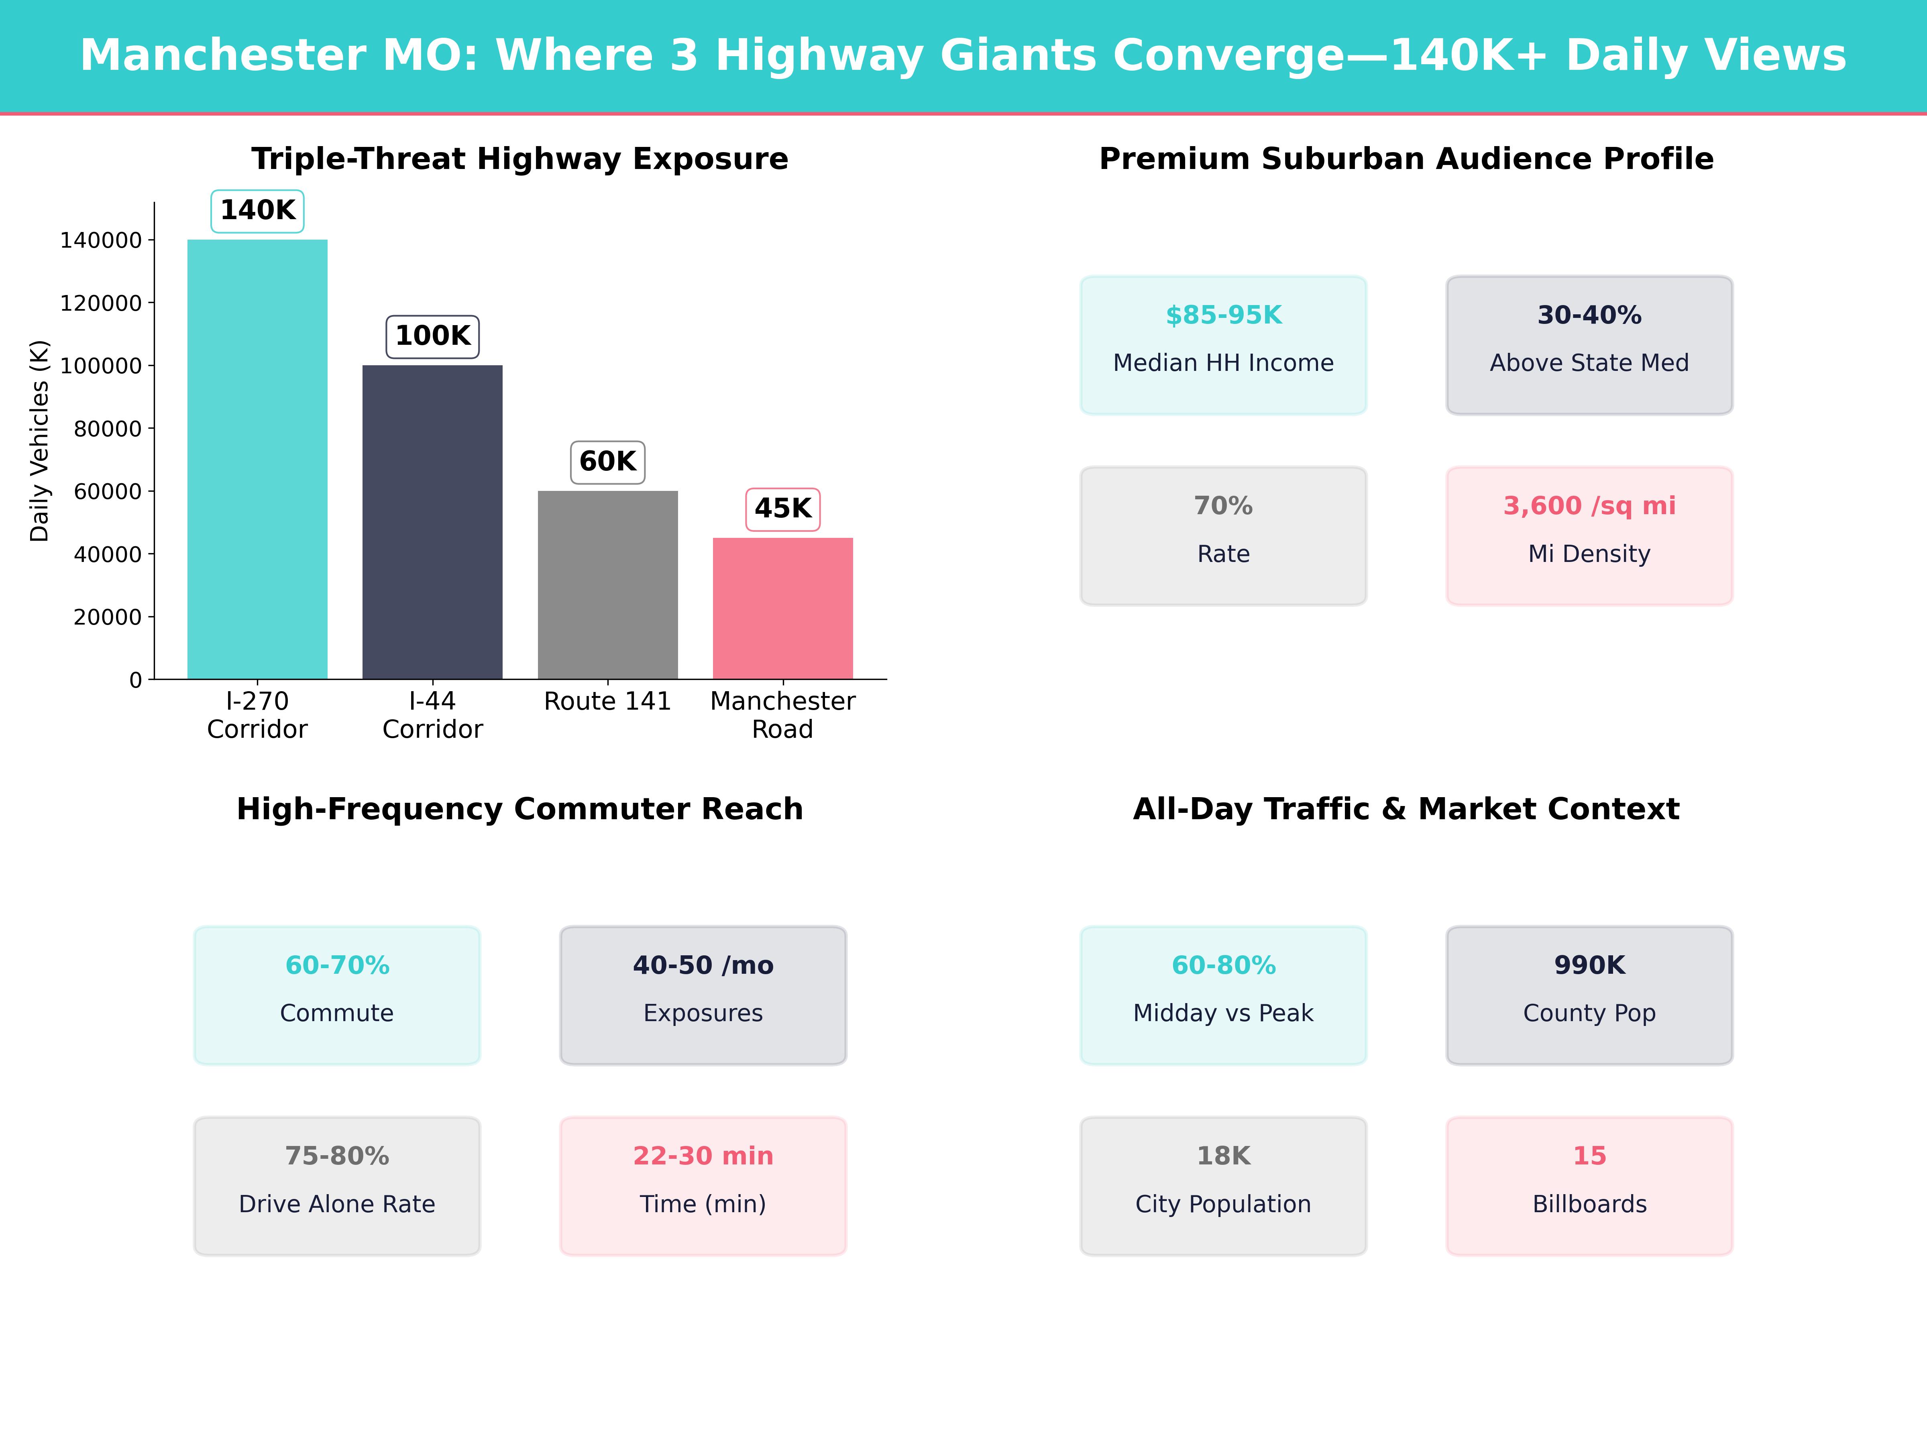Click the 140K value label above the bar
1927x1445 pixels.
click(x=258, y=211)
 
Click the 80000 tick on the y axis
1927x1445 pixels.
click(x=107, y=429)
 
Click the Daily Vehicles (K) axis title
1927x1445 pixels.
click(x=39, y=441)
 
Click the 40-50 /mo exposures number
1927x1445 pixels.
click(x=703, y=965)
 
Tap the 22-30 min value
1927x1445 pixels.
click(x=703, y=1156)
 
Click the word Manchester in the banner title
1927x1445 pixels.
click(x=223, y=56)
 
